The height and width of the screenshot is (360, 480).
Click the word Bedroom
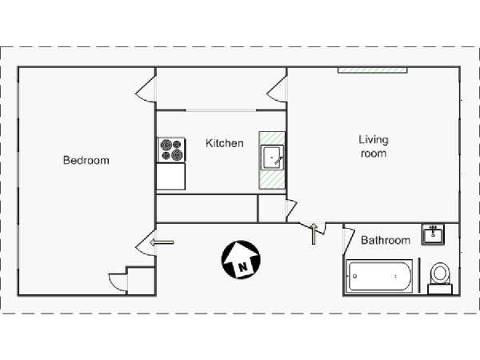pyautogui.click(x=86, y=160)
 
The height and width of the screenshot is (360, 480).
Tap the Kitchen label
pyautogui.click(x=225, y=143)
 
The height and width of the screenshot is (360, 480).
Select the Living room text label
pyautogui.click(x=373, y=146)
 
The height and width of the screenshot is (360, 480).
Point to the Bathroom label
pyautogui.click(x=386, y=240)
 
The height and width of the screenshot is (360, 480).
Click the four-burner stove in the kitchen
pyautogui.click(x=170, y=150)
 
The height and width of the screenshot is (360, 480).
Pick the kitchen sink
pyautogui.click(x=272, y=156)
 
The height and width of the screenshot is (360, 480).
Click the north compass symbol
pyautogui.click(x=238, y=259)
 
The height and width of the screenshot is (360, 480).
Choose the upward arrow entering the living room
pyautogui.click(x=314, y=232)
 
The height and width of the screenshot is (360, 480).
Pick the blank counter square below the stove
pyautogui.click(x=170, y=176)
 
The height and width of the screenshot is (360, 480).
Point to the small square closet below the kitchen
pyautogui.click(x=271, y=208)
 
